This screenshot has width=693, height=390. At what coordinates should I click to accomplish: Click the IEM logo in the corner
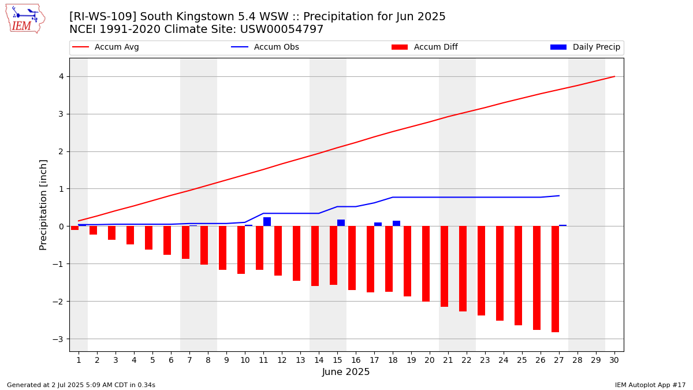click(25, 19)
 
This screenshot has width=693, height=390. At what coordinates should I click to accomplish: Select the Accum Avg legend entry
click(106, 47)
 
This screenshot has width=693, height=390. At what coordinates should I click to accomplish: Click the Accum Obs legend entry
click(265, 47)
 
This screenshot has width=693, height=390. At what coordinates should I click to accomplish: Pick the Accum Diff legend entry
click(424, 47)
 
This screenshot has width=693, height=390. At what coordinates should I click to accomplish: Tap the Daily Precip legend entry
click(585, 47)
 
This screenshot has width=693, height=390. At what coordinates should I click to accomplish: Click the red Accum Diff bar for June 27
click(556, 279)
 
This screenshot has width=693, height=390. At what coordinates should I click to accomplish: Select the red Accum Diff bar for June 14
click(315, 256)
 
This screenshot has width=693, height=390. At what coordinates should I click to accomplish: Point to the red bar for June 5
click(148, 237)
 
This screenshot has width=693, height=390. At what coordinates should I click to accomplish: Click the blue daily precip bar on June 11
click(267, 222)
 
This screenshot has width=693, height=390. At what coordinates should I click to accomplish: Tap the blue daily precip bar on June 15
click(341, 223)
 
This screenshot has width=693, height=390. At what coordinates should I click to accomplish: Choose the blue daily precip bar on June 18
click(396, 224)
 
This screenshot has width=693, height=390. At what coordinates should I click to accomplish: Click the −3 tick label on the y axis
click(58, 339)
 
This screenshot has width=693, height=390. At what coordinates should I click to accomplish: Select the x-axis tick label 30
click(614, 360)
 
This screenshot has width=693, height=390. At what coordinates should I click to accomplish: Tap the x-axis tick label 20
click(430, 360)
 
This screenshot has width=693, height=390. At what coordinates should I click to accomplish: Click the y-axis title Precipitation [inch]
click(43, 205)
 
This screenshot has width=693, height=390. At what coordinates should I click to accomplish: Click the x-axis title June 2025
click(346, 372)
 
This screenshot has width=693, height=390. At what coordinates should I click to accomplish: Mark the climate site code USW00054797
click(282, 29)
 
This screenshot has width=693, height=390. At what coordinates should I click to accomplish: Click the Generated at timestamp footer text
click(81, 385)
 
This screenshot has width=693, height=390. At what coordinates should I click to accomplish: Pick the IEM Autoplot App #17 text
click(650, 385)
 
